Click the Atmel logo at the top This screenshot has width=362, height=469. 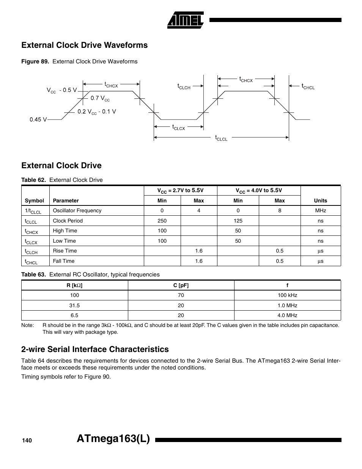[x=185, y=20]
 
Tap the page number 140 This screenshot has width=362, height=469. [x=27, y=440]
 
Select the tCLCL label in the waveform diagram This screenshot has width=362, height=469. [x=221, y=138]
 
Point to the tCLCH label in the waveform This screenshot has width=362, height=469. [x=184, y=87]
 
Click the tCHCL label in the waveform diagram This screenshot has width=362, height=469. [x=308, y=87]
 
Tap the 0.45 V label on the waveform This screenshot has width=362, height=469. [x=38, y=120]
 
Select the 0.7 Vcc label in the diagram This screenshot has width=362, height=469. [x=100, y=98]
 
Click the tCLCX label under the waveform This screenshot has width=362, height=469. [x=178, y=128]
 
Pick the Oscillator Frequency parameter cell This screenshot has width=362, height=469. [x=77, y=211]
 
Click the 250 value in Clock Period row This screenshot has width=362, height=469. [x=162, y=221]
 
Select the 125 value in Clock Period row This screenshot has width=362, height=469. [x=238, y=221]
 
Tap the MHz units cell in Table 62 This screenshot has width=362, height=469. [x=320, y=211]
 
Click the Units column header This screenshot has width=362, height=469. [x=320, y=201]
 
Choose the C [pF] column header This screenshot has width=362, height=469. [x=181, y=285]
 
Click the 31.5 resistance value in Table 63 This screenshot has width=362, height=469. [x=74, y=305]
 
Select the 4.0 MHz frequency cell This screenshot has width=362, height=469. [x=287, y=315]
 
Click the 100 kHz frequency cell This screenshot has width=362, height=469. [x=287, y=295]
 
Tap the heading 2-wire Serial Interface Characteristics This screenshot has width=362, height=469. [x=95, y=349]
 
